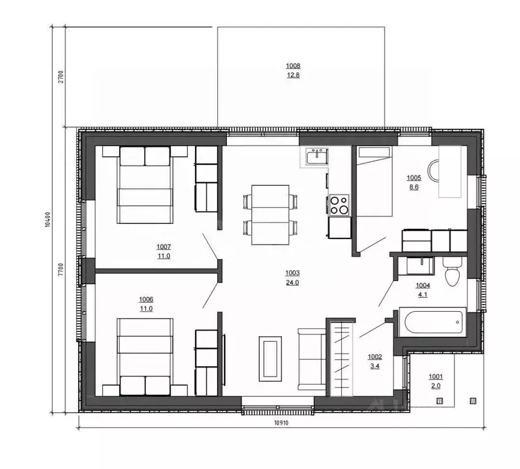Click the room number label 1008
tap(293, 66)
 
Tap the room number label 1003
tap(292, 273)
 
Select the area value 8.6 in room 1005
tap(414, 187)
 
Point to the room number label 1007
tap(163, 247)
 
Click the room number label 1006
tap(146, 300)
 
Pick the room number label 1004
tap(423, 286)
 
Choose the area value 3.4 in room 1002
tap(375, 366)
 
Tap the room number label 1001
tap(436, 377)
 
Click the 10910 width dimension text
tap(281, 423)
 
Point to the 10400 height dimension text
tap(48, 220)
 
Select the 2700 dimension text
tap(61, 76)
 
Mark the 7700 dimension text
tap(61, 270)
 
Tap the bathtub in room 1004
tap(433, 322)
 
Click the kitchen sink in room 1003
tap(318, 157)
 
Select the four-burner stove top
tap(339, 205)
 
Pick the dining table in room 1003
tap(270, 215)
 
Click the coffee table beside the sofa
tap(270, 359)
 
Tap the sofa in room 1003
tap(312, 360)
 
